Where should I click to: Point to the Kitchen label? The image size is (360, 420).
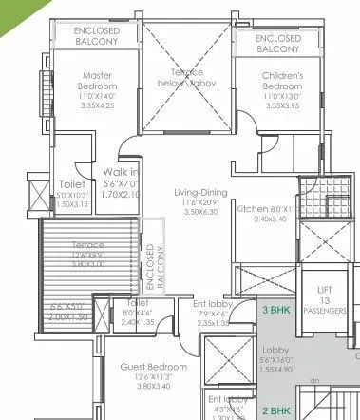[253, 207]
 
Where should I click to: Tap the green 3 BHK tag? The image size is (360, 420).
[277, 310]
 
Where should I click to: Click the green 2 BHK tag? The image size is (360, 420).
[277, 410]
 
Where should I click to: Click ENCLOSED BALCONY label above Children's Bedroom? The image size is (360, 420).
[279, 43]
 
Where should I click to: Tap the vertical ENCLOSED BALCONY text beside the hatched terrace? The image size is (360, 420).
[152, 269]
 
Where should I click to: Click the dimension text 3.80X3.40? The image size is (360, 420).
[152, 387]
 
